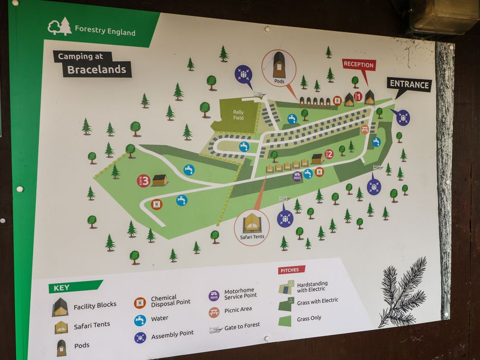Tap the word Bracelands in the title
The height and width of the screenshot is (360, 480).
[x=97, y=69]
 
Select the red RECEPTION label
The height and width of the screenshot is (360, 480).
[x=359, y=64]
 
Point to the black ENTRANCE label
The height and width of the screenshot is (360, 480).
[x=409, y=84]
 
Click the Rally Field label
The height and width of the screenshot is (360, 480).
[x=238, y=115]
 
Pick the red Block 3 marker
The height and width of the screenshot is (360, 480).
[x=143, y=180]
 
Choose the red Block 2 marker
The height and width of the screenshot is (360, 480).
[x=329, y=154]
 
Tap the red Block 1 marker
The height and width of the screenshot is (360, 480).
[x=358, y=96]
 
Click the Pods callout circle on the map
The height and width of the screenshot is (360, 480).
[x=279, y=68]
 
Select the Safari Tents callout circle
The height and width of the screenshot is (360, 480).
[x=252, y=227]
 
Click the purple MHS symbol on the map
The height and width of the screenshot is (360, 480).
[x=297, y=176]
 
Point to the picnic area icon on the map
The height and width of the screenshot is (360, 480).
[x=365, y=129]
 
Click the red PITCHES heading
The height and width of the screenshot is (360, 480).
[x=292, y=270]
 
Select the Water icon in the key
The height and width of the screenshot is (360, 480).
[x=140, y=320]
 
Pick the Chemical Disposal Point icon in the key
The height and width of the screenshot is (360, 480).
[x=140, y=302]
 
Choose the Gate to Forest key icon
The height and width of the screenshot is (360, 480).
[x=215, y=330]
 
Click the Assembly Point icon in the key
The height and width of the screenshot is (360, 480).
[x=140, y=337]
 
